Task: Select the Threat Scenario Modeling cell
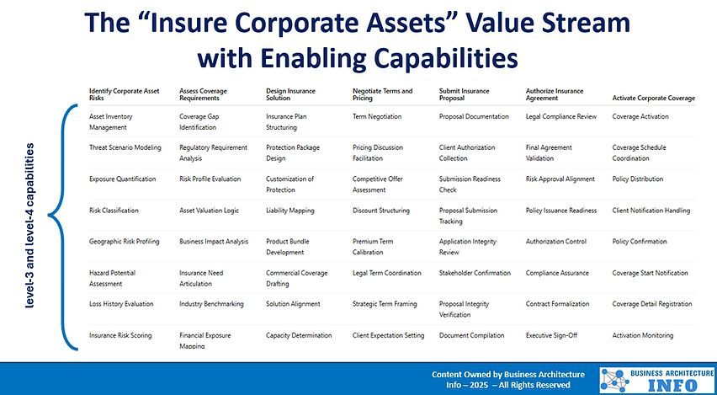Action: pyautogui.click(x=125, y=147)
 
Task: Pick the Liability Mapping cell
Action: pyautogui.click(x=289, y=211)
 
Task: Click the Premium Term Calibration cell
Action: pyautogui.click(x=373, y=246)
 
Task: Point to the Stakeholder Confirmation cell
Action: pyautogui.click(x=475, y=273)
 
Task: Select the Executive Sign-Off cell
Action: pyautogui.click(x=551, y=335)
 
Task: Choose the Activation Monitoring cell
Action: pyautogui.click(x=642, y=335)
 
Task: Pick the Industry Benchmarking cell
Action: pyautogui.click(x=211, y=304)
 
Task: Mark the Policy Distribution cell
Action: pyautogui.click(x=638, y=179)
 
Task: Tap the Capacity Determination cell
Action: pyautogui.click(x=299, y=335)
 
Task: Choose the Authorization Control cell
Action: pyautogui.click(x=555, y=242)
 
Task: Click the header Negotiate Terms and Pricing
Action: pyautogui.click(x=383, y=94)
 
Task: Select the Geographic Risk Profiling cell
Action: pyautogui.click(x=124, y=242)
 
